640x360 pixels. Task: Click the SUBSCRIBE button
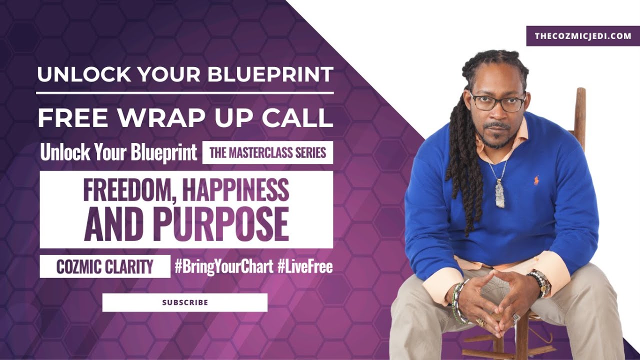[185, 302]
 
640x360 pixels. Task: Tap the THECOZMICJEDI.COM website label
[582, 36]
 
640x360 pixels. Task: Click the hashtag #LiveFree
[305, 267]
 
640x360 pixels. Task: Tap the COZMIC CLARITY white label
[105, 267]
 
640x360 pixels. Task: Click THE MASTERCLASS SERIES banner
[267, 153]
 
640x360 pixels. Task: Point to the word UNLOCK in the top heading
[77, 74]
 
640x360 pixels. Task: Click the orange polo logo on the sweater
[536, 180]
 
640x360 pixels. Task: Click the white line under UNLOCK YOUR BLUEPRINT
[185, 93]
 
